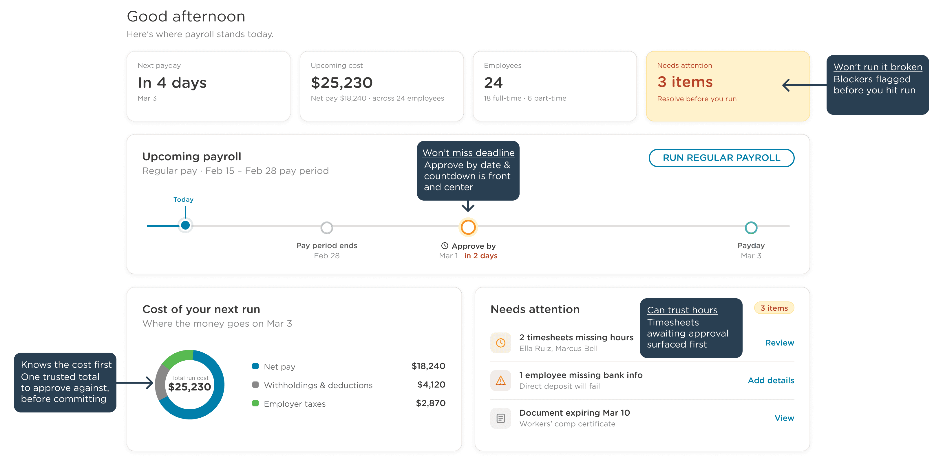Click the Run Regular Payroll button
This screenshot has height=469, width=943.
[721, 158]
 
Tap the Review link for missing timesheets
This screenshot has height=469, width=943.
[779, 343]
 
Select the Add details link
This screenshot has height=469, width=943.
[771, 380]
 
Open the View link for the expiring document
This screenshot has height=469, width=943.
[784, 418]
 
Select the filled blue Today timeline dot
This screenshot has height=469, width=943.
[185, 225]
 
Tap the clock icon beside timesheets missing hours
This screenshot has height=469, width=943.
[500, 343]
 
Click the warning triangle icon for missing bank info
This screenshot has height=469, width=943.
[500, 380]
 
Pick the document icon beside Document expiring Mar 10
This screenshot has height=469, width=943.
[500, 418]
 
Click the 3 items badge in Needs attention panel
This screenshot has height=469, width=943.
[774, 308]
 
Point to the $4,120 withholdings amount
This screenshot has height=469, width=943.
[431, 385]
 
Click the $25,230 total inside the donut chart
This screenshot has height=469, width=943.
[190, 387]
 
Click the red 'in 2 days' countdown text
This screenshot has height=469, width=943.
[481, 256]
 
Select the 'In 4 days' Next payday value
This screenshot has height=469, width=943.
[172, 83]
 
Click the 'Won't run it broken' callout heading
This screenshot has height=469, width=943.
[878, 67]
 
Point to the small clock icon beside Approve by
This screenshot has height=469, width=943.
[444, 246]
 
